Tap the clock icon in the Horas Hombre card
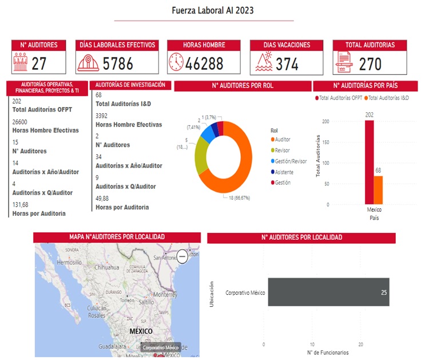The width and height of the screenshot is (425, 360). click(x=176, y=62)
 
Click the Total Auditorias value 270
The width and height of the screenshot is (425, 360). click(x=370, y=64)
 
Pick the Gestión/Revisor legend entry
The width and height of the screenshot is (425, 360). click(x=291, y=161)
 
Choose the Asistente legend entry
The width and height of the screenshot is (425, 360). click(x=285, y=172)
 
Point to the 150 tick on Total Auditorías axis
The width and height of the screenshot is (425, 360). click(x=325, y=142)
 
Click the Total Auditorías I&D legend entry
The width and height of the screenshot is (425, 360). click(x=387, y=98)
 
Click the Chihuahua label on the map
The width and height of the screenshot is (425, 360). click(x=106, y=267)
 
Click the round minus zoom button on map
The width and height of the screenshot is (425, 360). click(x=182, y=256)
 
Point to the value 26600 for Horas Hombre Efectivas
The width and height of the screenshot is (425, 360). click(x=20, y=122)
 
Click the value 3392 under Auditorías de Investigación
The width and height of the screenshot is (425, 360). click(x=103, y=115)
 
